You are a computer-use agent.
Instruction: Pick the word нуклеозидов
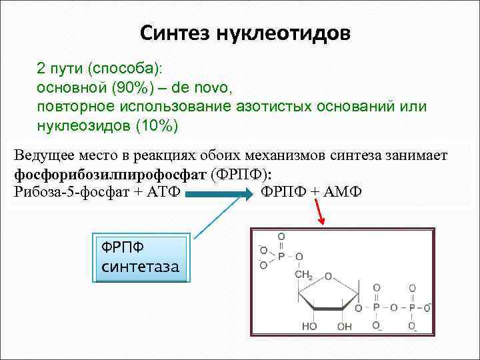point(83,125)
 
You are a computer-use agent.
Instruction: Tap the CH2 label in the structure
point(304,275)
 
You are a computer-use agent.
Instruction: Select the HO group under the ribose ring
point(309,327)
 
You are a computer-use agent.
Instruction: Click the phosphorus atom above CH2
point(281,256)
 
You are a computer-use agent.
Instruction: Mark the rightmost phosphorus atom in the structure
point(411,308)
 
